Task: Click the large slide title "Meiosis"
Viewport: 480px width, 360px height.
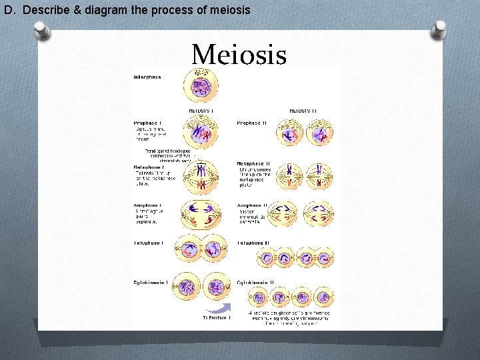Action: [x=239, y=55]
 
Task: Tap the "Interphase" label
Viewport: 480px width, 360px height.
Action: [x=147, y=77]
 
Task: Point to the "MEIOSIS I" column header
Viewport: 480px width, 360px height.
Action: [x=201, y=110]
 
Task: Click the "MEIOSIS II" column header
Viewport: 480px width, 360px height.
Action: [x=304, y=110]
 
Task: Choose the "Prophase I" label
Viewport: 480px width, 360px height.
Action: [x=146, y=123]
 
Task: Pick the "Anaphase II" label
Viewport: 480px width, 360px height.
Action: [x=252, y=205]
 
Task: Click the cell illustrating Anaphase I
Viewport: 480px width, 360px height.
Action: [x=201, y=215]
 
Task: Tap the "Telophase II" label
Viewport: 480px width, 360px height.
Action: [x=251, y=245]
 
